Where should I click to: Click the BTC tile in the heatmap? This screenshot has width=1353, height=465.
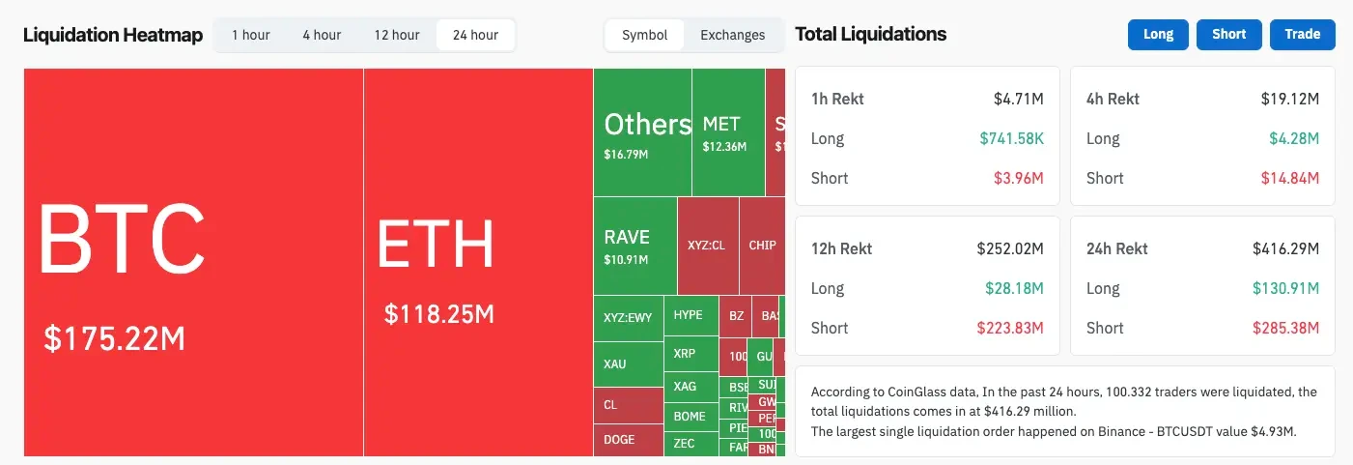pos(193,261)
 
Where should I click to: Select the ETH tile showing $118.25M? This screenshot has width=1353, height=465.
pos(478,261)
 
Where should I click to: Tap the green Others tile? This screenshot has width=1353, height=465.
pos(642,132)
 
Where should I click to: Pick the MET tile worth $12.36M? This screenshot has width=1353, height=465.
pos(728,132)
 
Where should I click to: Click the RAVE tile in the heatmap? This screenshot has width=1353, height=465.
pos(634,246)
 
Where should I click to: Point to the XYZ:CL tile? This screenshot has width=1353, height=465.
pos(707,246)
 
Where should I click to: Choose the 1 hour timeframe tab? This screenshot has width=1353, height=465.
pos(251,35)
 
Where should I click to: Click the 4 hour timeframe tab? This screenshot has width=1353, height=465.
pos(322,35)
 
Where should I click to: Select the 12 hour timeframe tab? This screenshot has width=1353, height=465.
pos(396,35)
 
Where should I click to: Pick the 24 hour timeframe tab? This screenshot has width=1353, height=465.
pos(475,35)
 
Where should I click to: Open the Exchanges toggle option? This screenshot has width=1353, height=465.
pos(732,35)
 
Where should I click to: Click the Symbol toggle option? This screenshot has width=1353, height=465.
pos(644,35)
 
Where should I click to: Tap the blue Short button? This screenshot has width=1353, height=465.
pos(1228,34)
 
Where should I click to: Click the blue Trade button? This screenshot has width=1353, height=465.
pos(1302,34)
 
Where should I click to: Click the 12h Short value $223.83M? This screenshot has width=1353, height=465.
pos(1014,328)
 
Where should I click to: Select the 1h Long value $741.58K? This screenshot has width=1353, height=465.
pos(1011,138)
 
